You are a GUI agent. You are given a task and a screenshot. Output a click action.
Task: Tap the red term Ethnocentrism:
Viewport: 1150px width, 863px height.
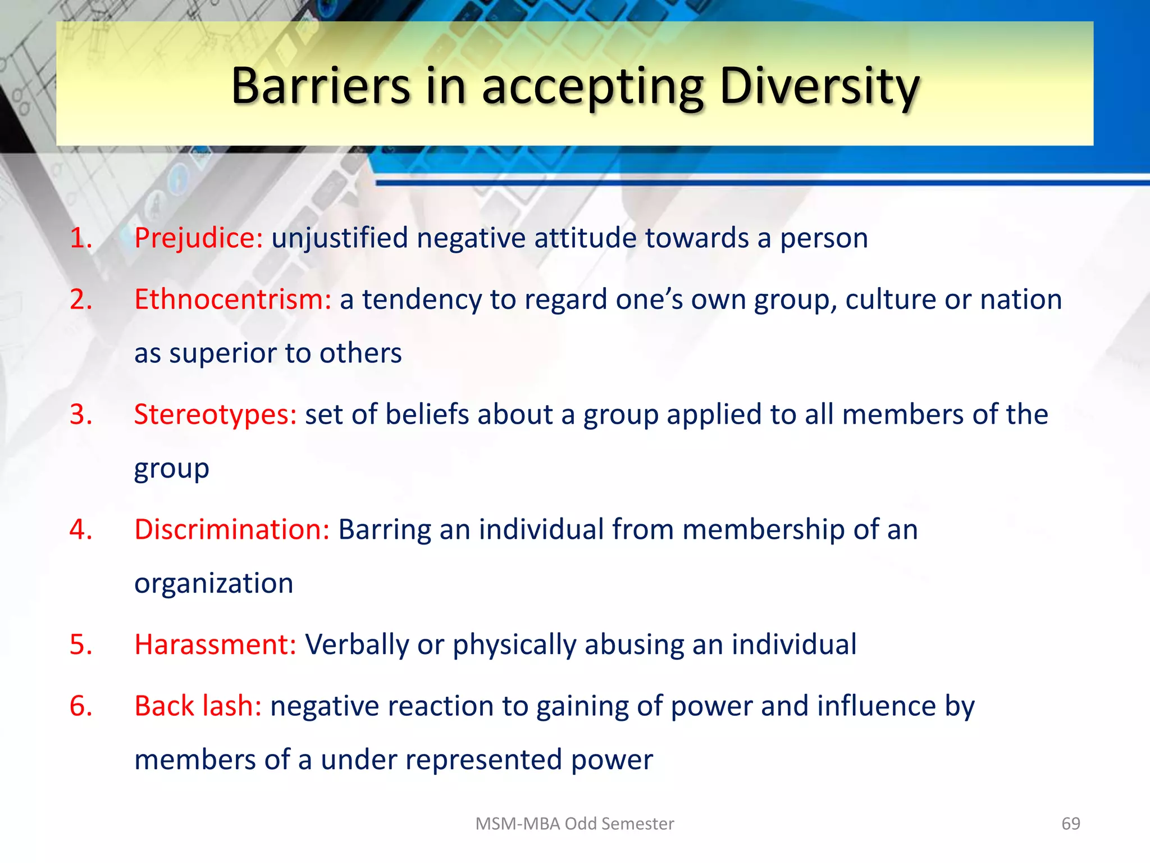tap(233, 299)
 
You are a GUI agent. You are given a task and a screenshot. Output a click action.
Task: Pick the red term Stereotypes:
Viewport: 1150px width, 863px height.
tap(215, 415)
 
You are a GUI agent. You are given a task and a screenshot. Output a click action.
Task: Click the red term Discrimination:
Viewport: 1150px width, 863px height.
tap(232, 530)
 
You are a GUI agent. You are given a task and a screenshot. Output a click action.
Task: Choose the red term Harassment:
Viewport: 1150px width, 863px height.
tap(215, 644)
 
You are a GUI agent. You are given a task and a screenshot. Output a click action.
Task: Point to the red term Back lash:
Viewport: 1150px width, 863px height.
tap(198, 706)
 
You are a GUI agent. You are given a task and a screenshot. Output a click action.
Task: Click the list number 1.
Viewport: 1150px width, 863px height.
tap(80, 238)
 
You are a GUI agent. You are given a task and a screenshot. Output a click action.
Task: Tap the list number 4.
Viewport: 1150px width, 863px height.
tap(80, 530)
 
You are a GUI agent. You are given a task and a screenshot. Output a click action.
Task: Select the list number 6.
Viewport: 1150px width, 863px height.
tap(80, 706)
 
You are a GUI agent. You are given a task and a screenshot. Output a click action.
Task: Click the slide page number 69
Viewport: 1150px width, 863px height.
tap(1070, 824)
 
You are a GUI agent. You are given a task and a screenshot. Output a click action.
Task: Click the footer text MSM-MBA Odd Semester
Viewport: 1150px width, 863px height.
tap(574, 824)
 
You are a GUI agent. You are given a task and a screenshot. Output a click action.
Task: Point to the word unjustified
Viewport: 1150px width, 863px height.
tap(340, 238)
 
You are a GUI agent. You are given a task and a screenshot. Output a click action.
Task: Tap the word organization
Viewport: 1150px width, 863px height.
tap(214, 584)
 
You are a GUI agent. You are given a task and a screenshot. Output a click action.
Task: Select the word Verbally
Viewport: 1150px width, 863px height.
tap(357, 644)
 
